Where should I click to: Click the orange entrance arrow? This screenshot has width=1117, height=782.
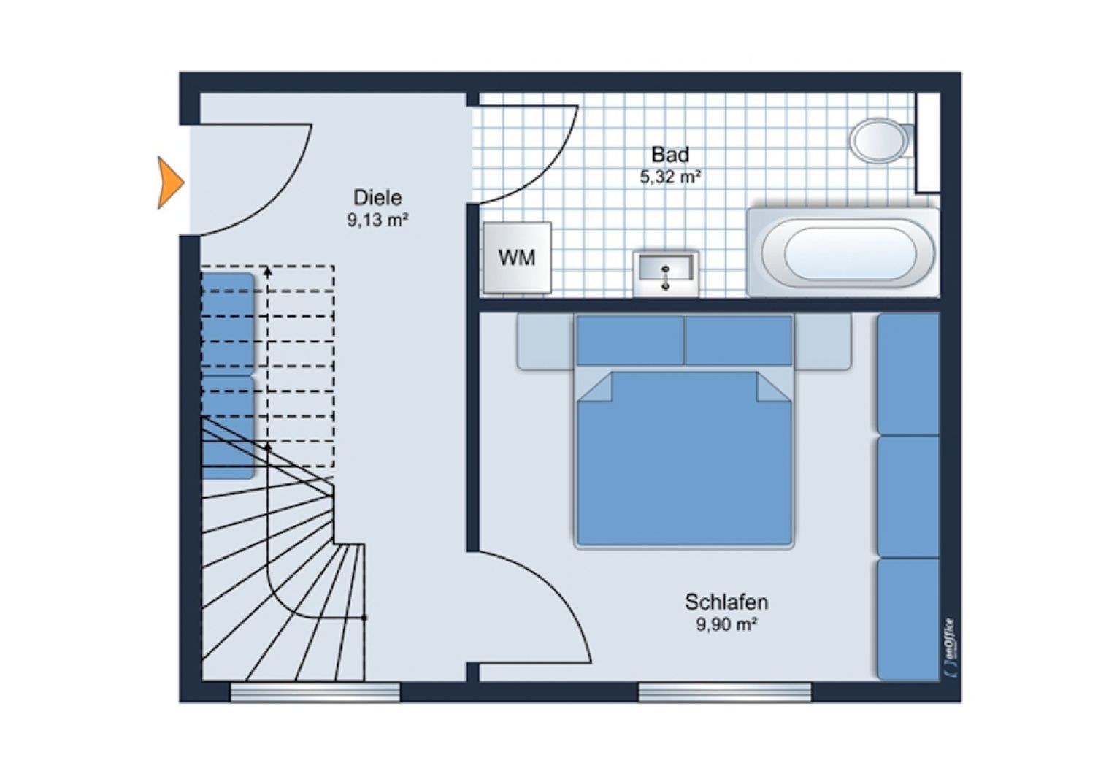point(170,183)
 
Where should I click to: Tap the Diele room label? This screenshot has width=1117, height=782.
point(377,198)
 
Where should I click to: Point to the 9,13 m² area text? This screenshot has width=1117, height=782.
point(377,219)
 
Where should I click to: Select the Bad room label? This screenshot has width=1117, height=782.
point(670,155)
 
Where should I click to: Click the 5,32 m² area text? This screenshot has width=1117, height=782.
point(670,176)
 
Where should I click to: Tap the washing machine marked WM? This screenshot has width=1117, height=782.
point(517,258)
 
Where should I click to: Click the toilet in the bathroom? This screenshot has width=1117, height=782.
point(878,140)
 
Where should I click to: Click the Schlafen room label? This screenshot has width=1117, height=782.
point(726,602)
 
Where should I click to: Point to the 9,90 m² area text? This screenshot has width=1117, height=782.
point(726,624)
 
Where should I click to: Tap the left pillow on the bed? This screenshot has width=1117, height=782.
point(630,340)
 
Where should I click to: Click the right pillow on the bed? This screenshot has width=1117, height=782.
point(739,340)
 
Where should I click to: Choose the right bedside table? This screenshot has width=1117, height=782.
point(823,341)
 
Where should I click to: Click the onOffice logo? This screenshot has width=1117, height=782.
point(949,647)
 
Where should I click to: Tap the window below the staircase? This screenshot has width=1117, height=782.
point(315,692)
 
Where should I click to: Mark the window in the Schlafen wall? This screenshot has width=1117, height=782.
point(724,692)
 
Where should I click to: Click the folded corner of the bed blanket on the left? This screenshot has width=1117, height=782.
point(595,388)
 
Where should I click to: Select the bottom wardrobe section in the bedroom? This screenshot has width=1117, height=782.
point(908,619)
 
